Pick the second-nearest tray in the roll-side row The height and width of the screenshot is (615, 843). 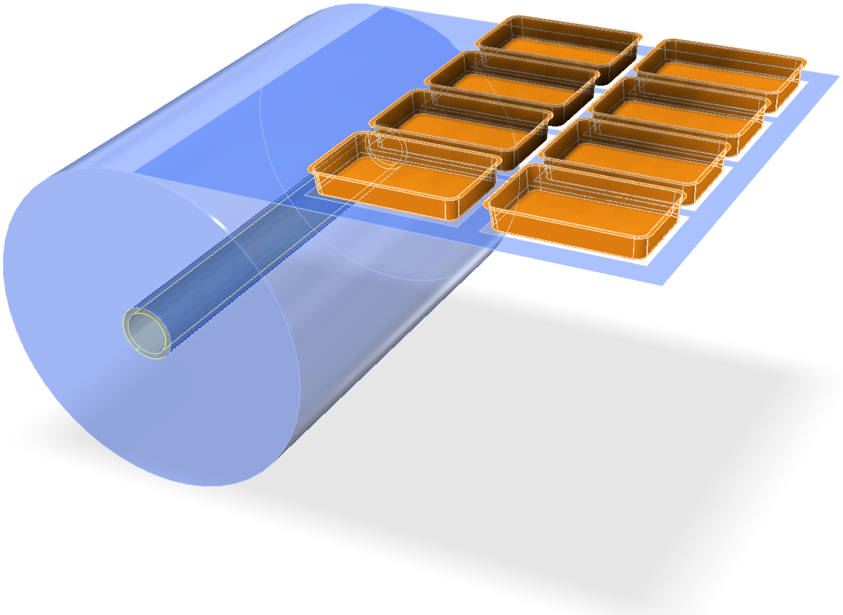[x=460, y=127]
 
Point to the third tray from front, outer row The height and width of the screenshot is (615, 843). [x=678, y=112]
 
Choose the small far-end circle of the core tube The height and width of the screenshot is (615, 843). [x=384, y=148]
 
